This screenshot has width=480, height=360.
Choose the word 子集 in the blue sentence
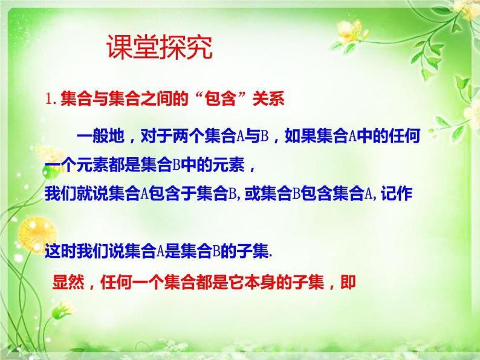pos(250,254)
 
